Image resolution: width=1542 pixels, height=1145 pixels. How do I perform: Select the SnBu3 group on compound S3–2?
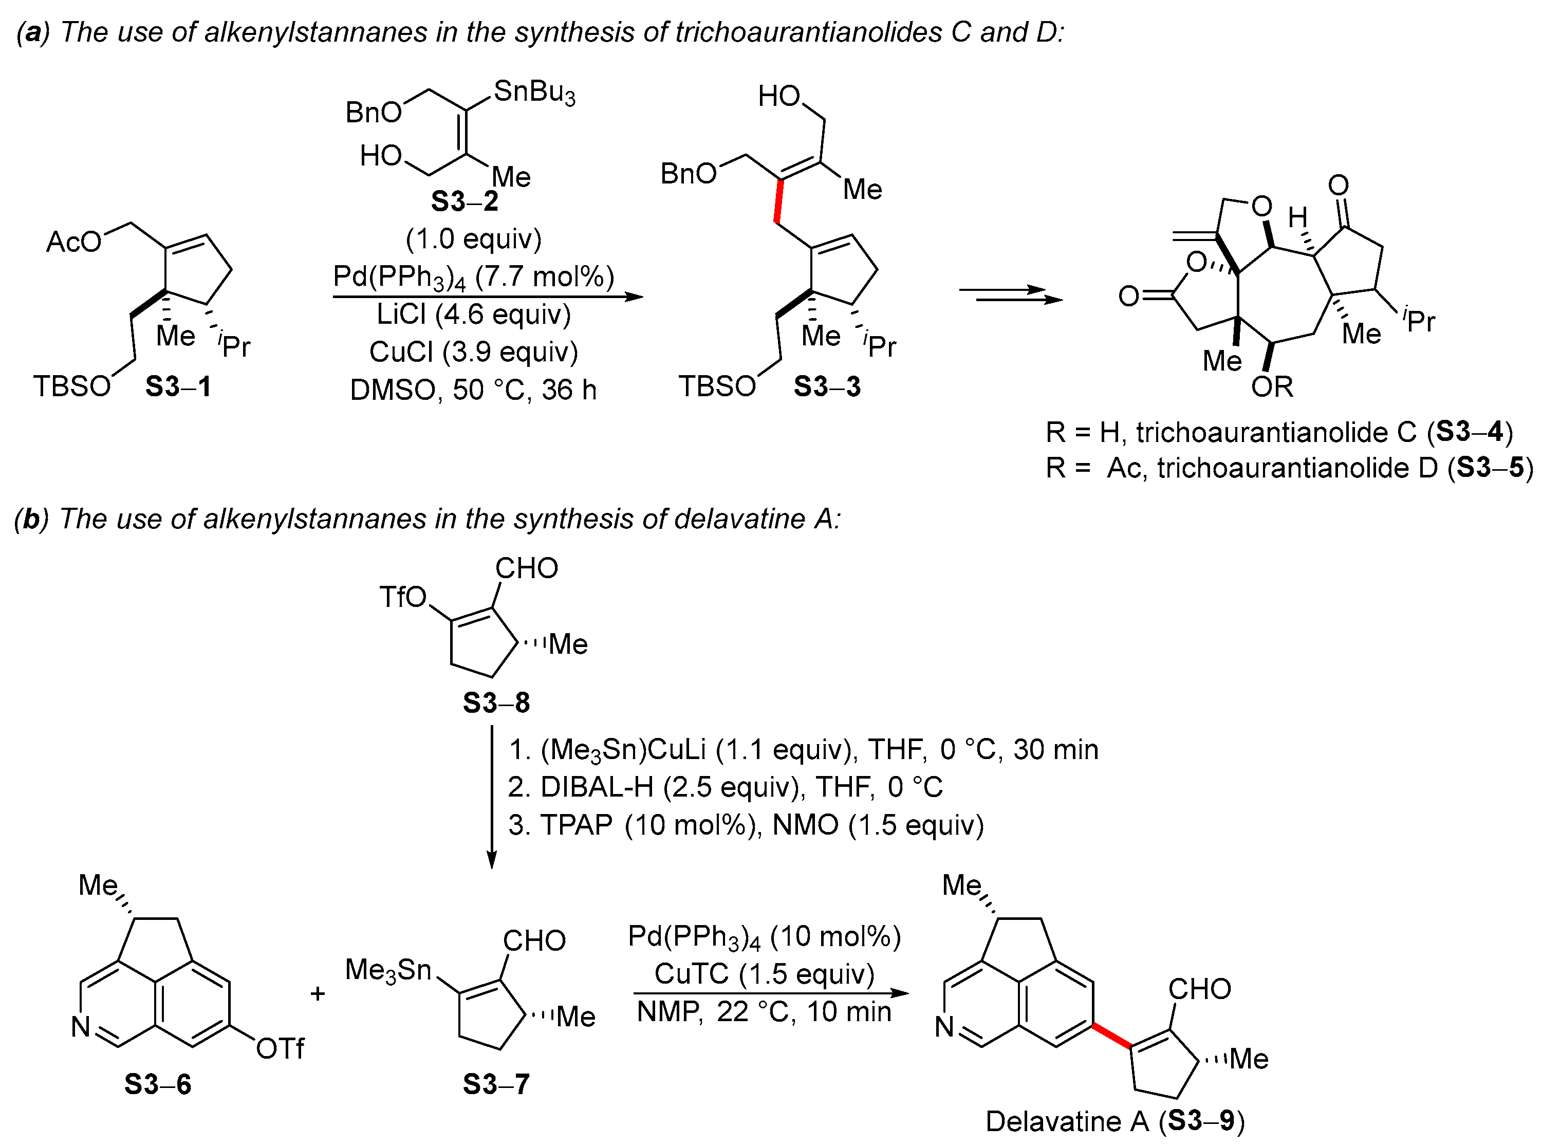tap(534, 92)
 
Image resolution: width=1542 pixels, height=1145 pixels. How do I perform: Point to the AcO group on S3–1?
tap(73, 242)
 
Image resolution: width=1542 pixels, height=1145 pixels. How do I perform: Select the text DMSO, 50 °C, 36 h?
tap(473, 390)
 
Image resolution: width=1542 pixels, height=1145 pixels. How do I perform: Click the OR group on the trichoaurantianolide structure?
tap(1272, 387)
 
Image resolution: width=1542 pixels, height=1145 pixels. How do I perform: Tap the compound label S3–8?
tap(496, 703)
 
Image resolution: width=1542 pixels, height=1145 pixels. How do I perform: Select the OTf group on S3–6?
tap(280, 1049)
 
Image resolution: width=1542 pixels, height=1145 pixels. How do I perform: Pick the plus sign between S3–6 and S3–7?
tap(318, 994)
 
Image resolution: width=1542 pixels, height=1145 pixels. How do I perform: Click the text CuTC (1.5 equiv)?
tap(765, 974)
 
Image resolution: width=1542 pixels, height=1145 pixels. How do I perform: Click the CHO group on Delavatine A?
tap(1200, 989)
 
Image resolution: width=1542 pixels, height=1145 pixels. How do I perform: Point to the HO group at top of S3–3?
tap(779, 96)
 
